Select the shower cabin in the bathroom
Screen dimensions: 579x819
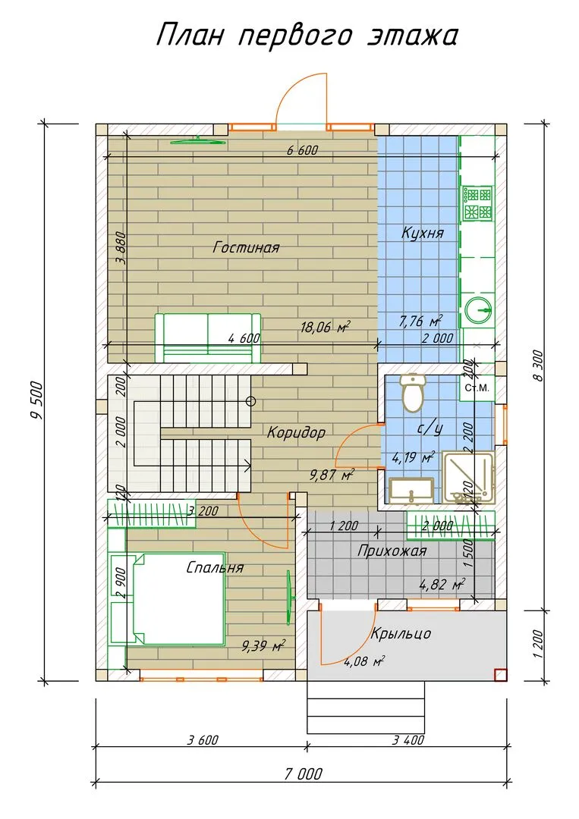pyautogui.click(x=468, y=478)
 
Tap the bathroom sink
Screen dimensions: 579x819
pyautogui.click(x=411, y=491)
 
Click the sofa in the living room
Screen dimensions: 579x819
pyautogui.click(x=207, y=338)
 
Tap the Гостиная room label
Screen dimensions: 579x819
pyautogui.click(x=246, y=246)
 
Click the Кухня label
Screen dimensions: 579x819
pyautogui.click(x=422, y=233)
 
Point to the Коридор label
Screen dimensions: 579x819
pyautogui.click(x=296, y=432)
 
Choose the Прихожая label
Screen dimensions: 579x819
pyautogui.click(x=392, y=551)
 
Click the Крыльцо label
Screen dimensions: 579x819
pyautogui.click(x=401, y=633)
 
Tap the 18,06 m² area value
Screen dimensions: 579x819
pyautogui.click(x=325, y=327)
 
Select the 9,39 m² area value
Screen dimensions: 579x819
pyautogui.click(x=263, y=646)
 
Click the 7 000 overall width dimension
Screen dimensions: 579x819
pyautogui.click(x=303, y=773)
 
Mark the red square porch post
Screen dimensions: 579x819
pyautogui.click(x=500, y=675)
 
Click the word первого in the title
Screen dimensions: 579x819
pyautogui.click(x=296, y=36)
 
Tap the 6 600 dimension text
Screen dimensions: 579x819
pyautogui.click(x=303, y=151)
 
